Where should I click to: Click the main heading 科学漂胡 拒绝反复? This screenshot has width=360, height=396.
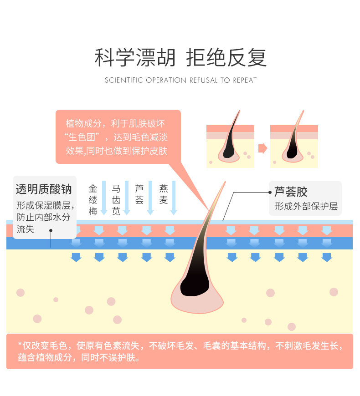pyautogui.click(x=180, y=58)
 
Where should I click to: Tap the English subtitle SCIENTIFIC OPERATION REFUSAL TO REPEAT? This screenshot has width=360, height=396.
pyautogui.click(x=180, y=81)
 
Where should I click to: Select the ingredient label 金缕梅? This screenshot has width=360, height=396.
pyautogui.click(x=93, y=199)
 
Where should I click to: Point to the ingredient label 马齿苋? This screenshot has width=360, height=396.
pyautogui.click(x=116, y=199)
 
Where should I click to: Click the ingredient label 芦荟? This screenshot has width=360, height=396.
pyautogui.click(x=139, y=193)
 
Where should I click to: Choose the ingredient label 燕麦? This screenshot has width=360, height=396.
pyautogui.click(x=164, y=193)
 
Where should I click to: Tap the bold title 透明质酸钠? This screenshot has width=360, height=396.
pyautogui.click(x=44, y=189)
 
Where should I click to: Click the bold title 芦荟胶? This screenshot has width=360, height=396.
pyautogui.click(x=291, y=192)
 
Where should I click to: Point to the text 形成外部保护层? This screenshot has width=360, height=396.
pyautogui.click(x=306, y=206)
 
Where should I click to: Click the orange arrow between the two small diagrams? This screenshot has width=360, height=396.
pyautogui.click(x=262, y=148)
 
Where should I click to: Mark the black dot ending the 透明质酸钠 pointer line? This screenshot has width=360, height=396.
pyautogui.click(x=51, y=230)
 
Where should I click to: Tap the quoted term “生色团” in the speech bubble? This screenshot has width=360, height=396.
pyautogui.click(x=87, y=137)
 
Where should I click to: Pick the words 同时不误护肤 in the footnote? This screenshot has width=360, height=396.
pyautogui.click(x=109, y=358)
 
